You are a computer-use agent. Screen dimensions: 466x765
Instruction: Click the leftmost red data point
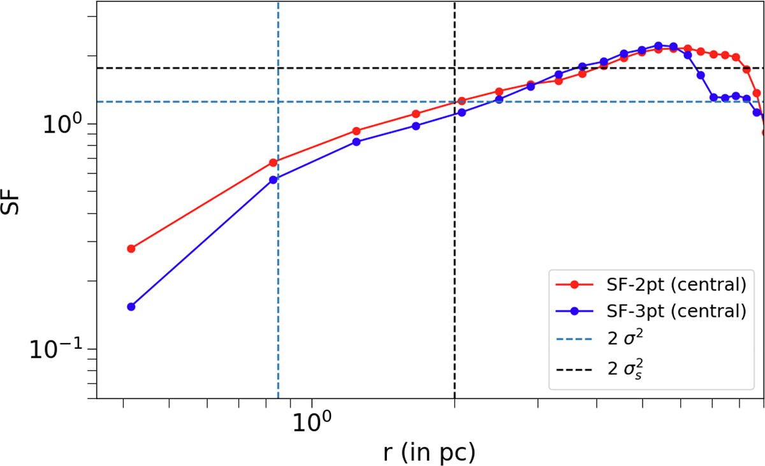[x=131, y=249]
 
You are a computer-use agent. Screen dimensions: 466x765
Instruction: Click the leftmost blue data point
[x=131, y=307]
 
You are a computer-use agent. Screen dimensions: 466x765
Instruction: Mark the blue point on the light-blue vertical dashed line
[x=273, y=180]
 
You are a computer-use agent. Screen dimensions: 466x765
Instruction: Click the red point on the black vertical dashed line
[x=462, y=101]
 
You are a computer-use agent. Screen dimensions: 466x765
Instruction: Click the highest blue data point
[x=659, y=46]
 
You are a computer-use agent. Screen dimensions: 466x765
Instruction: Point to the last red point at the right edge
[x=764, y=133]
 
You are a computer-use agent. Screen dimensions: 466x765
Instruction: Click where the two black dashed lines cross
[x=455, y=68]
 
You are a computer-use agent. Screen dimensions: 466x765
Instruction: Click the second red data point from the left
[x=273, y=163]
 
